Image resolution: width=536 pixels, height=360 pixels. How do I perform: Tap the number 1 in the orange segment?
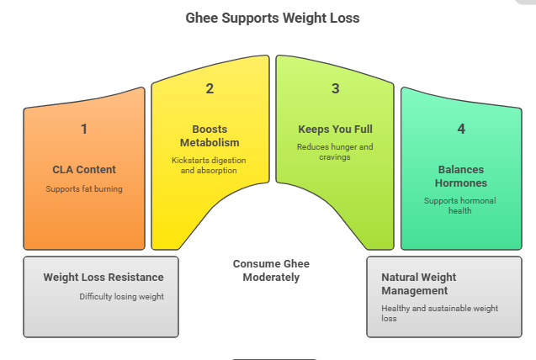pos(83,129)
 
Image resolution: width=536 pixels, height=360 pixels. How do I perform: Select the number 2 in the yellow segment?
pos(210,88)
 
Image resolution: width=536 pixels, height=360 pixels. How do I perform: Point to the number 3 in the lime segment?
pos(335,88)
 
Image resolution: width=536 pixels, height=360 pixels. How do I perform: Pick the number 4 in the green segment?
pos(461,129)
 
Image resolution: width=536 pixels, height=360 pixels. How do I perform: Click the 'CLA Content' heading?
pos(84,170)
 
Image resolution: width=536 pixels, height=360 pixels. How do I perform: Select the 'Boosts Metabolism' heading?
pos(210,135)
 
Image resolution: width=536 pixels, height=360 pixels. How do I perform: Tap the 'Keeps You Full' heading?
pos(335,130)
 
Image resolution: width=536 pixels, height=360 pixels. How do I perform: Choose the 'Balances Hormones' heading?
pos(461,176)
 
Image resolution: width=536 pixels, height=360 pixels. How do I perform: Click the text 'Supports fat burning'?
pos(84,189)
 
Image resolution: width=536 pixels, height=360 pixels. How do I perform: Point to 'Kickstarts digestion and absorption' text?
pos(210,165)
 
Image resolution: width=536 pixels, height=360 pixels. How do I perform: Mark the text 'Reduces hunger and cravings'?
pos(335,152)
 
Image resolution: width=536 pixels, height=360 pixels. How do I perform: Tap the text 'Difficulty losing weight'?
pos(122,296)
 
